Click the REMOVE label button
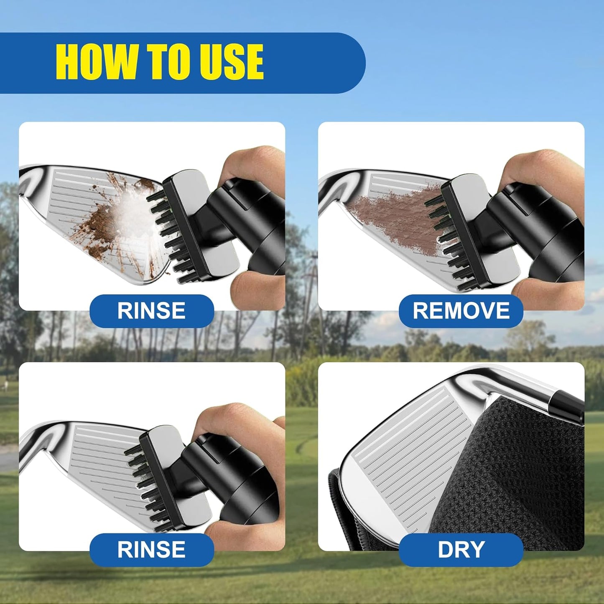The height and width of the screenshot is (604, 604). coord(461,311)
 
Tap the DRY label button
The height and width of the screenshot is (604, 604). coord(461,550)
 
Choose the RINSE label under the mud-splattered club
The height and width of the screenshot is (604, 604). coord(151,311)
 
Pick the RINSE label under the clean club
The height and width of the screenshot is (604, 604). coord(151,550)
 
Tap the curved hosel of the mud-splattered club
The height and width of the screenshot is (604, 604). coord(29,180)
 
